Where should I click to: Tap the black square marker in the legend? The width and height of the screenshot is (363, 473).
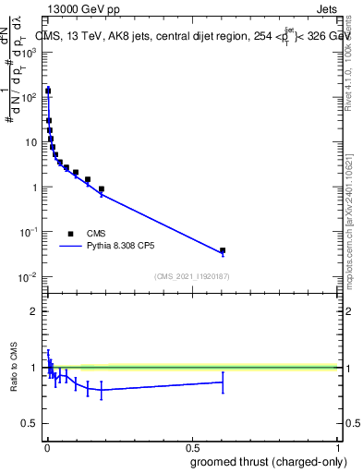[x=71, y=234]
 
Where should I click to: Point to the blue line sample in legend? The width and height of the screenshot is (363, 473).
[x=71, y=248]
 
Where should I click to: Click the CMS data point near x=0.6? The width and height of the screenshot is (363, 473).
[x=223, y=250]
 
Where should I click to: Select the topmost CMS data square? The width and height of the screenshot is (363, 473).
[x=48, y=91]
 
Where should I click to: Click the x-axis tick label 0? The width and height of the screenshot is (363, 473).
[x=46, y=446]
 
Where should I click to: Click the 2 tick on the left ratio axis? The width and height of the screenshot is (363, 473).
[x=33, y=311]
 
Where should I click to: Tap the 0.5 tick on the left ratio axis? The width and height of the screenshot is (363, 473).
[x=30, y=425]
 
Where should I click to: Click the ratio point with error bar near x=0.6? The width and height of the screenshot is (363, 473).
[x=223, y=382]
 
